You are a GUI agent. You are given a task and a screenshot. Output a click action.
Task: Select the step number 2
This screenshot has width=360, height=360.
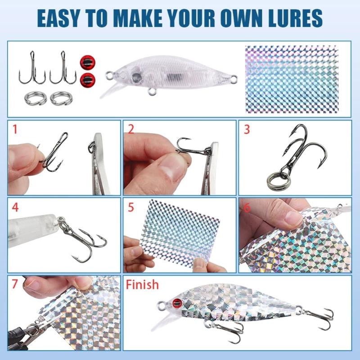point(131,130)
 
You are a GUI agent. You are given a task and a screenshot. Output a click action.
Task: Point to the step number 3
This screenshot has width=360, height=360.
point(247,130)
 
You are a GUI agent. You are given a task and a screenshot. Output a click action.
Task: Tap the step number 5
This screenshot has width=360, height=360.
point(131,208)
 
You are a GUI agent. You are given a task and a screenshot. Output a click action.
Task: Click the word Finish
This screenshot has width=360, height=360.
point(142,284)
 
